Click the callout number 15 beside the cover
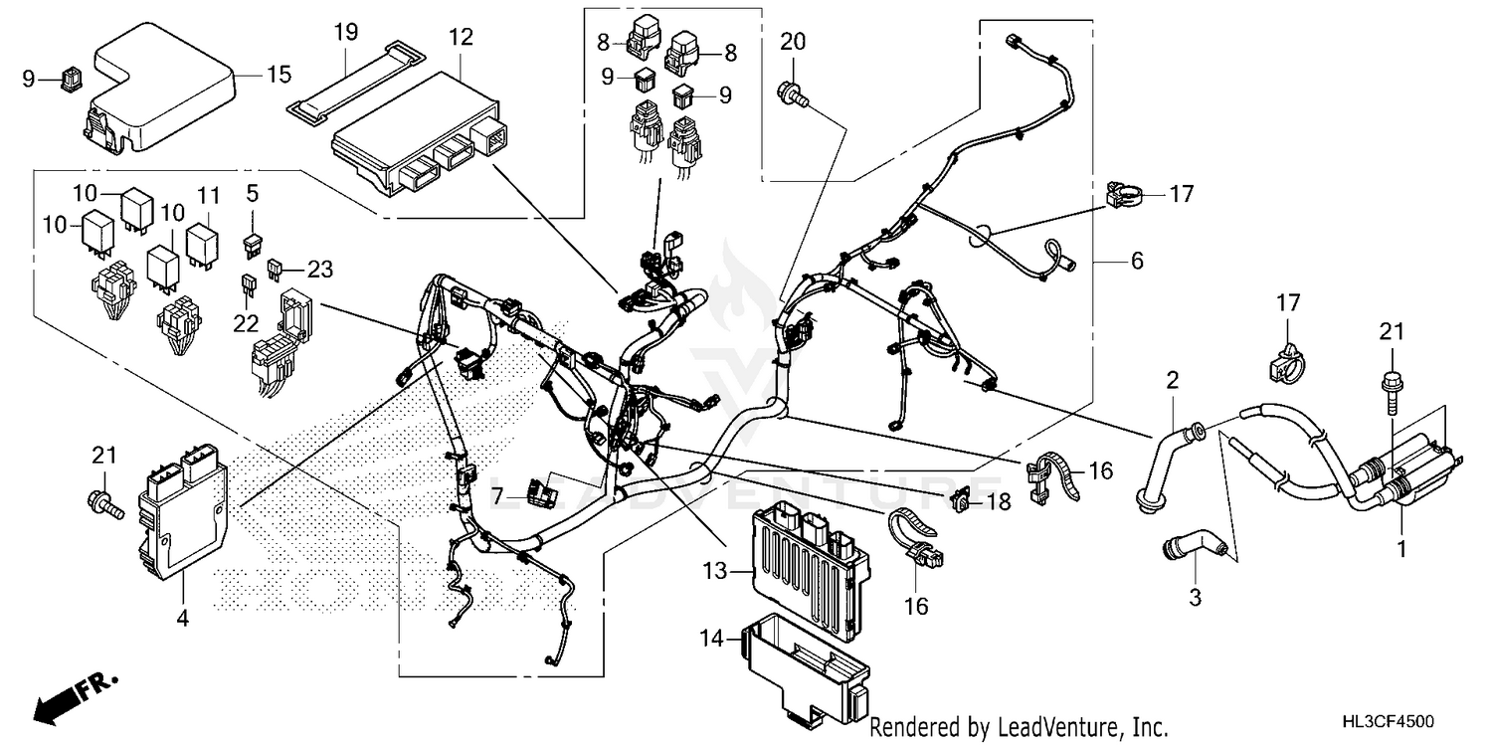point(280,74)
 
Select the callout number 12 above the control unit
point(461,39)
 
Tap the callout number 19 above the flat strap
point(345,32)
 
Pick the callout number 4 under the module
point(182,619)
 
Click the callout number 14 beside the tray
point(712,642)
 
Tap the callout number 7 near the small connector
point(495,493)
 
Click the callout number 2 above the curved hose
point(1173,380)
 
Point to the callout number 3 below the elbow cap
point(1196,598)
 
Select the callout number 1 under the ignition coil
point(1401,548)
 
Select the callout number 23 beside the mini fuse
point(319,268)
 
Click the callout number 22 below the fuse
point(246,322)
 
